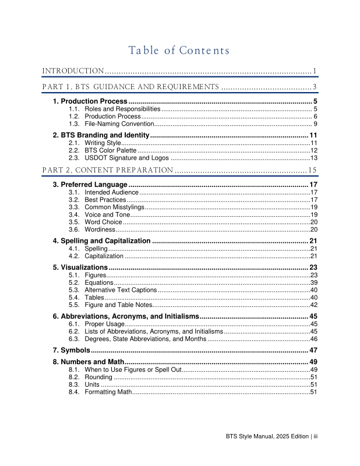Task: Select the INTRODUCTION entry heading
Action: point(73,71)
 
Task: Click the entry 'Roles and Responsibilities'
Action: point(122,109)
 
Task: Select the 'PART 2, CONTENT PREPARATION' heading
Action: point(108,170)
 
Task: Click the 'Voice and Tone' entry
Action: point(107,214)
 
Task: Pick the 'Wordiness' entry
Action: point(100,230)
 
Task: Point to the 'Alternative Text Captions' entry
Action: point(121,290)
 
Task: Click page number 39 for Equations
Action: point(313,283)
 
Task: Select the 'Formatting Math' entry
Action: point(108,392)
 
